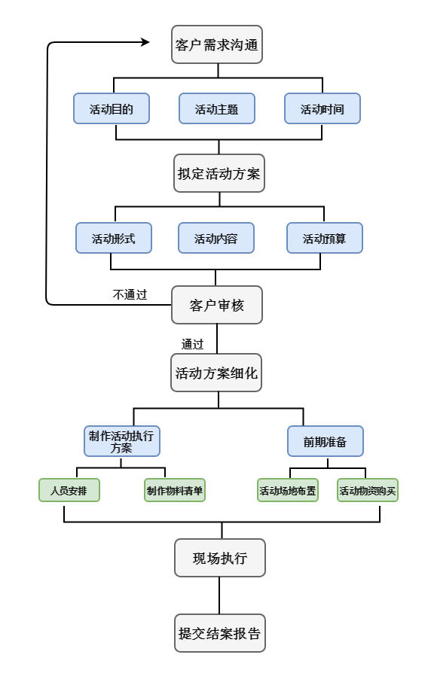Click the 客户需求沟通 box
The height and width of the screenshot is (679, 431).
(x=217, y=44)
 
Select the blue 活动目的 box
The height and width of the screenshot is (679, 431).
(x=112, y=108)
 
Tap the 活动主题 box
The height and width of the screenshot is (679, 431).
(x=217, y=108)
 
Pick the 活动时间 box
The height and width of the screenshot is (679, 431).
(x=322, y=108)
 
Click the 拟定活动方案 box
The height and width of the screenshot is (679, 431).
(x=219, y=173)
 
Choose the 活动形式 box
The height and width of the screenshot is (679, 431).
(x=114, y=238)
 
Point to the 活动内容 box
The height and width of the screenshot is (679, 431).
(x=216, y=238)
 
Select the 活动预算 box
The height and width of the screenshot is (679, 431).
(x=324, y=238)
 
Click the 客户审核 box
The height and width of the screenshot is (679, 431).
(x=217, y=305)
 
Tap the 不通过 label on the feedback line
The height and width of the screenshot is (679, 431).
(x=130, y=294)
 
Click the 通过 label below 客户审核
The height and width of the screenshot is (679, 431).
(x=192, y=344)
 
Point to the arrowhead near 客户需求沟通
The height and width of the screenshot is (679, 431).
(x=145, y=42)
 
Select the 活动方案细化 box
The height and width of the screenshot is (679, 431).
(x=216, y=373)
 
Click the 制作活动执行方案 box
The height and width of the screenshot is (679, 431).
(x=122, y=441)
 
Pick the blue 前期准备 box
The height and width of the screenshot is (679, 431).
(x=326, y=441)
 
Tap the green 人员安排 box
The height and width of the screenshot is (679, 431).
(x=69, y=490)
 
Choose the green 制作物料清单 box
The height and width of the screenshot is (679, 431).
(x=174, y=490)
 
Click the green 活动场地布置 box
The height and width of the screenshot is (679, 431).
(x=288, y=490)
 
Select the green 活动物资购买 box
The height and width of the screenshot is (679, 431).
(x=367, y=490)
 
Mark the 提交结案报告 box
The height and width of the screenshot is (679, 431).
(x=220, y=633)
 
